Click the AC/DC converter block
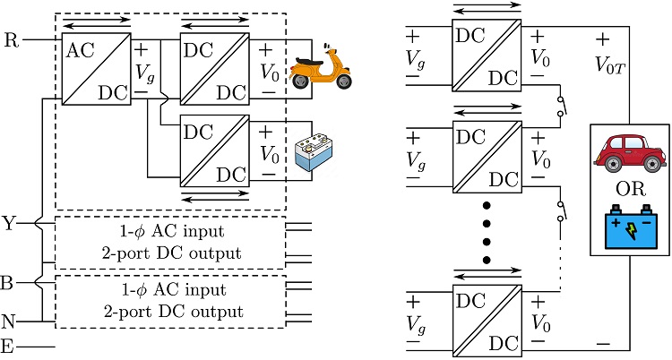point(93,68)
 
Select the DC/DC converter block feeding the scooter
point(215,68)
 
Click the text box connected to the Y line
point(170,243)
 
